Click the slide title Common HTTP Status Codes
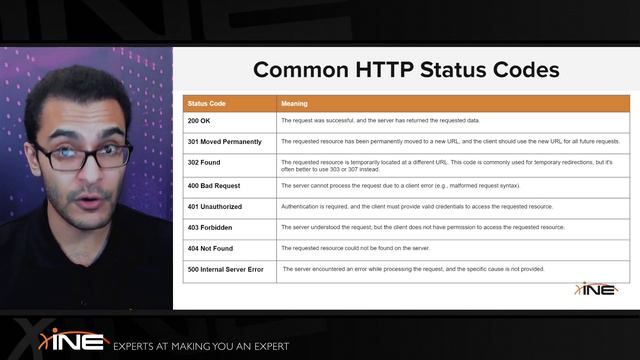tap(405, 70)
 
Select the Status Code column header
tap(206, 103)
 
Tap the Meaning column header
tap(294, 103)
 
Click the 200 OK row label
tap(199, 120)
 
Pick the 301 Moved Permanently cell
tap(224, 141)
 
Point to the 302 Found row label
tap(204, 162)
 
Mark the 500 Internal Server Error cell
tap(226, 269)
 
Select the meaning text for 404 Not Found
tap(355, 248)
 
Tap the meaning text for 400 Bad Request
tap(400, 185)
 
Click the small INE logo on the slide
tap(595, 289)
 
